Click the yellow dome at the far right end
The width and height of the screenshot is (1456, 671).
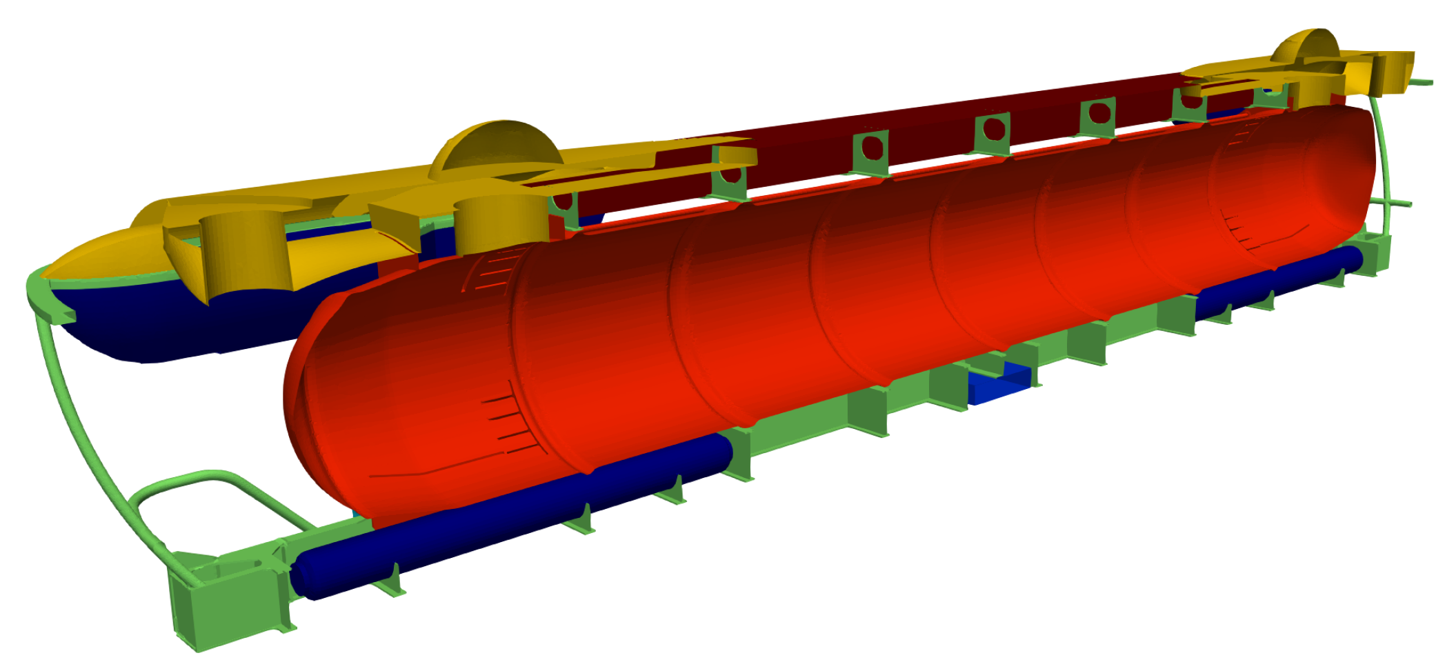[1306, 47]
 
